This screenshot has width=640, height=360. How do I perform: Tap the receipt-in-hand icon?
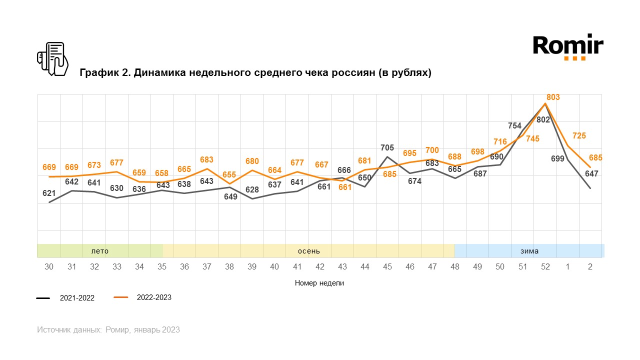[x=52, y=59]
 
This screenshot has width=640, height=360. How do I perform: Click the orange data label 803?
[x=553, y=97]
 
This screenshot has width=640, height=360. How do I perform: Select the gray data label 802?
[x=543, y=120]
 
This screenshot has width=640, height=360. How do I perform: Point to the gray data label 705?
[x=387, y=148]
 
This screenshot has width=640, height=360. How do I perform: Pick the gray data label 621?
[x=49, y=192]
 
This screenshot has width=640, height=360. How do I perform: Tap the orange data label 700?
[x=432, y=150]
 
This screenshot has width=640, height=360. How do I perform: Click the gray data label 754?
[x=514, y=126]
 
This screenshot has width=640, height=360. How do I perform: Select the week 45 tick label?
[x=387, y=267]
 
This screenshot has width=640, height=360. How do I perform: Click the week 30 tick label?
[x=49, y=267]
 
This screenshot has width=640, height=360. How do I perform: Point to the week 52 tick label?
[x=545, y=267]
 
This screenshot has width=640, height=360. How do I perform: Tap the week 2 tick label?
[x=590, y=267]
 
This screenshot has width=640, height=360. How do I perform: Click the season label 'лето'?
[x=99, y=251]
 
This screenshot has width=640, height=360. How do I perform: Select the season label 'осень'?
[x=309, y=251]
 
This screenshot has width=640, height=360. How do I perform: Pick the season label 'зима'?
[x=529, y=251]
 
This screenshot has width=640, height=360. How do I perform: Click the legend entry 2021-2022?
[x=77, y=298]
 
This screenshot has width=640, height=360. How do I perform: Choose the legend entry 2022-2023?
[x=154, y=297]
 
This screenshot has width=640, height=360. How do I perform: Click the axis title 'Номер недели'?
[x=319, y=283]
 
